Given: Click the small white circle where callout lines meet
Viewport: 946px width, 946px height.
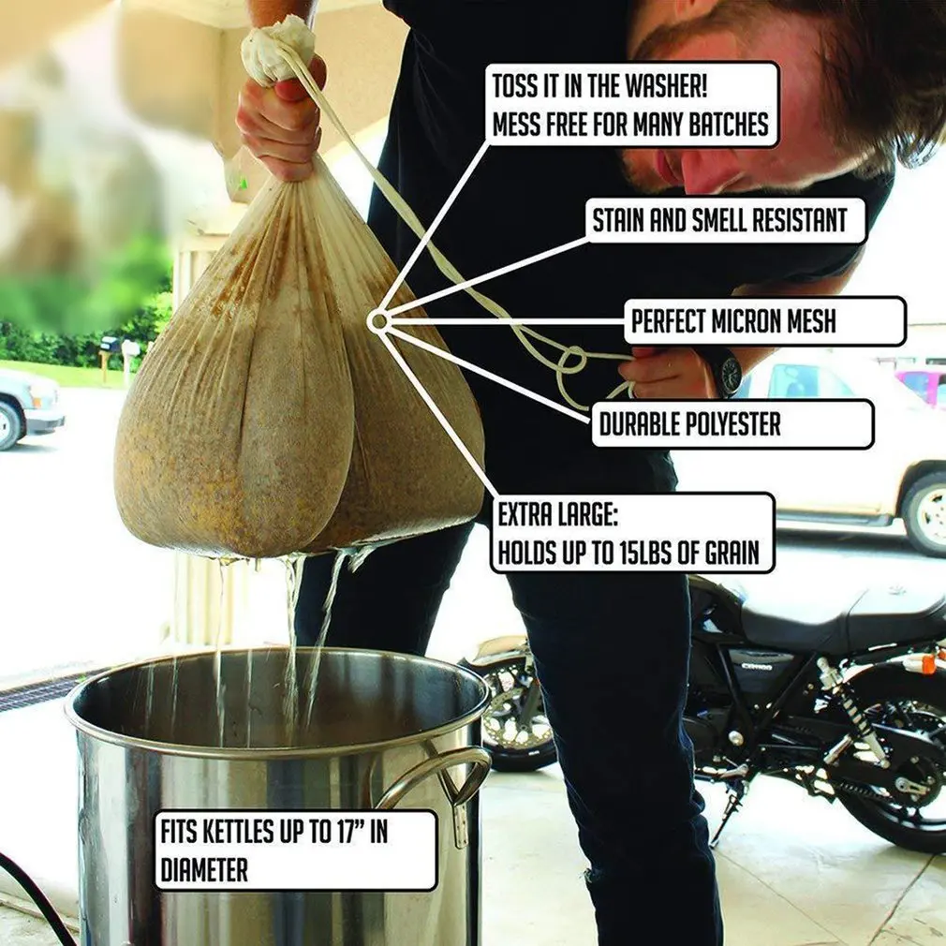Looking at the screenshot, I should [378, 321].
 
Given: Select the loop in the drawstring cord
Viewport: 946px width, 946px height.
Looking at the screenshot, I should [572, 360].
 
